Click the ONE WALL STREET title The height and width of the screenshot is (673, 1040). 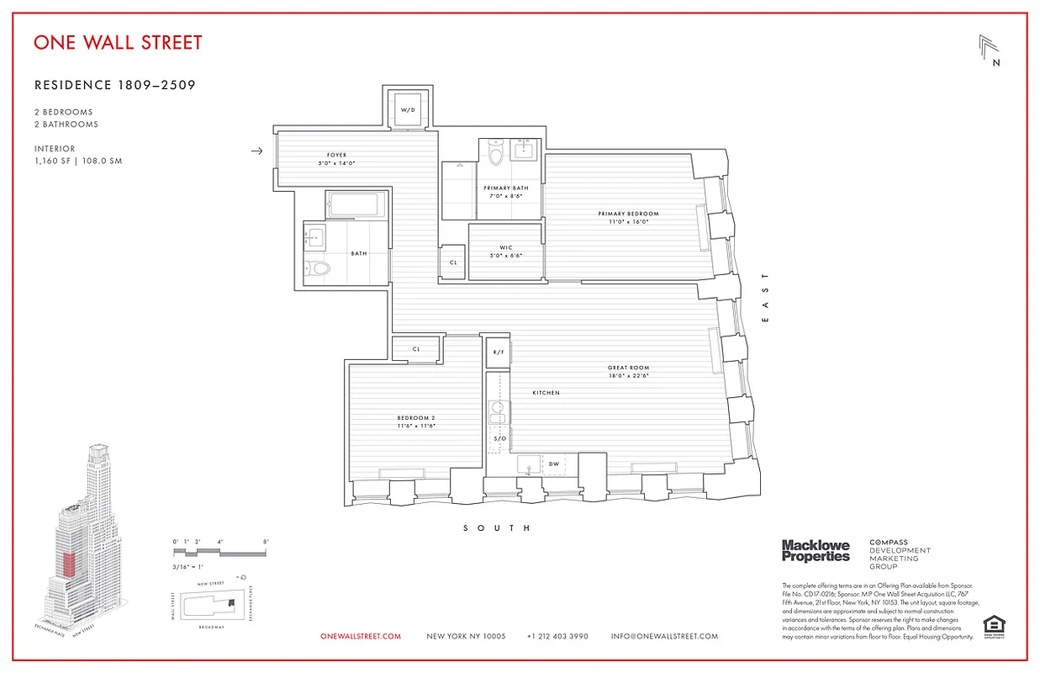click(118, 43)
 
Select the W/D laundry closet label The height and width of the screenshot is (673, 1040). click(408, 110)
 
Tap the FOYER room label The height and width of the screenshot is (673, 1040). click(336, 156)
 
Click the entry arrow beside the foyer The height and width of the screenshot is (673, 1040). click(257, 151)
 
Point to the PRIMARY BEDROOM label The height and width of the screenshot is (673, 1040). click(628, 214)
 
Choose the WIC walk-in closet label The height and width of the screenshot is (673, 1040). click(505, 248)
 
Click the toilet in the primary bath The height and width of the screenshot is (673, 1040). click(496, 155)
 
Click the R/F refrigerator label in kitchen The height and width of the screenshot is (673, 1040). click(498, 352)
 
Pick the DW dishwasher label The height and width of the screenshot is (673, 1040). click(553, 464)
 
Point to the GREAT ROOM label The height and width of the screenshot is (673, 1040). click(628, 368)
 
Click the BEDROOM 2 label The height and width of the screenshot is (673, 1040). click(416, 418)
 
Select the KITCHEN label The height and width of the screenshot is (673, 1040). click(546, 393)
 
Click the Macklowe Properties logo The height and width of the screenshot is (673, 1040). click(816, 551)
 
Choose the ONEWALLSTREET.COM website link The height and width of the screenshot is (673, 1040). click(361, 637)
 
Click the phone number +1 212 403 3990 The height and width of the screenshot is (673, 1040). click(557, 637)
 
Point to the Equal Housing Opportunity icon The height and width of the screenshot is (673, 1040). click(993, 626)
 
